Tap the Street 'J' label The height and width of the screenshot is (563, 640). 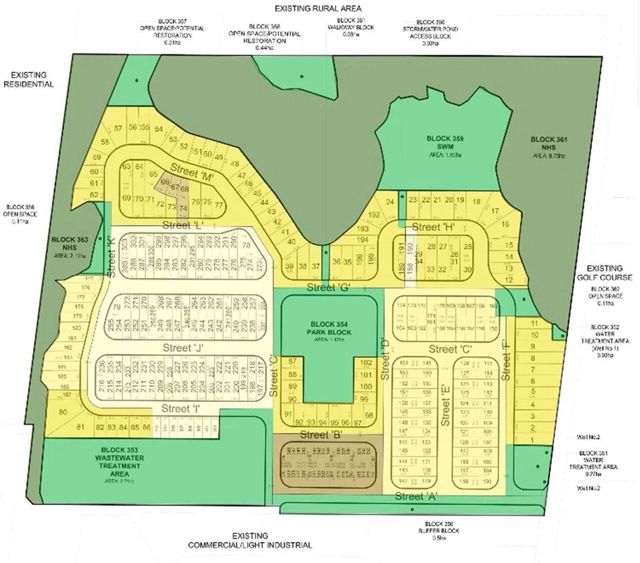(183, 348)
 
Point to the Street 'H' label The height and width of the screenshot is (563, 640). (433, 227)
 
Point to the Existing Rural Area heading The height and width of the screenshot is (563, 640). (318, 8)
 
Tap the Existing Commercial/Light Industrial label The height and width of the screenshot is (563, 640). (250, 540)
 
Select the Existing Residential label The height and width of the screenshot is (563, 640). (29, 79)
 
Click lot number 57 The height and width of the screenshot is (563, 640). (118, 128)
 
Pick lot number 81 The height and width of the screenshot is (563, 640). (81, 427)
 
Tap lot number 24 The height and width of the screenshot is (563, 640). (390, 202)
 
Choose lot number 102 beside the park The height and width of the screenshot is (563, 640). (365, 363)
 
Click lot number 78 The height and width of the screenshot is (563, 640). (246, 245)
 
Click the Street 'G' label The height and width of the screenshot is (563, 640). (328, 288)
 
